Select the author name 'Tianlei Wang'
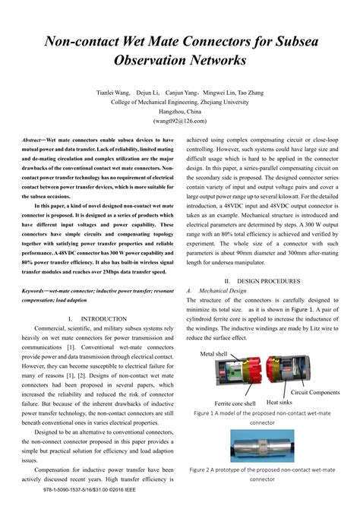113,92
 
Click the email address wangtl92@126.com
180,120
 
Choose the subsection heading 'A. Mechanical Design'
224,290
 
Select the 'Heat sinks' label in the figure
281,403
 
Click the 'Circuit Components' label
315,393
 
